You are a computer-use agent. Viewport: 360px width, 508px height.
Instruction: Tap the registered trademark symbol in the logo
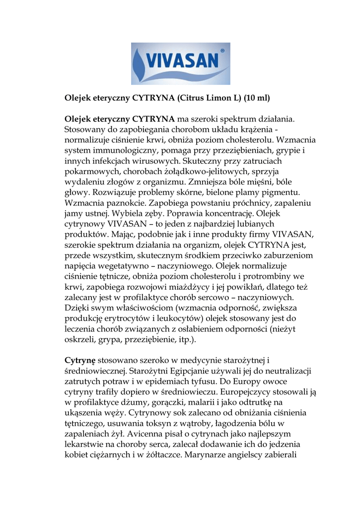point(221,51)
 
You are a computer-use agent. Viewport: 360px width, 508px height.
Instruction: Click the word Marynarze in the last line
point(209,467)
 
